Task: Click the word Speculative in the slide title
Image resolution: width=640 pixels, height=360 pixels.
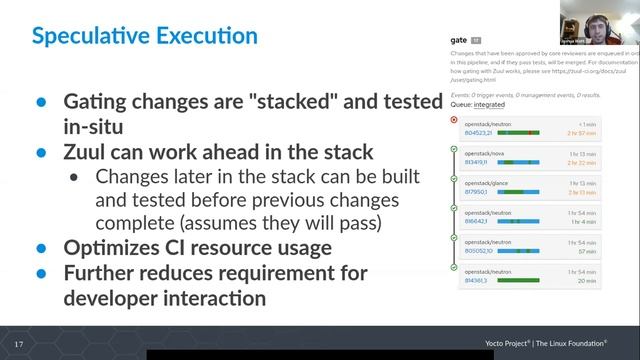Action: pyautogui.click(x=91, y=38)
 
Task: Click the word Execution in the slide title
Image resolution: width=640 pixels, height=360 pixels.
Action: pyautogui.click(x=207, y=38)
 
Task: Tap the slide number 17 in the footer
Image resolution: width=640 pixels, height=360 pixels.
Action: pyautogui.click(x=18, y=344)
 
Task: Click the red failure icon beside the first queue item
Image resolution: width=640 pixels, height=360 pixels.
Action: pyautogui.click(x=455, y=119)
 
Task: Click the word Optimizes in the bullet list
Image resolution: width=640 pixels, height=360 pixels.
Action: pyautogui.click(x=121, y=247)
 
